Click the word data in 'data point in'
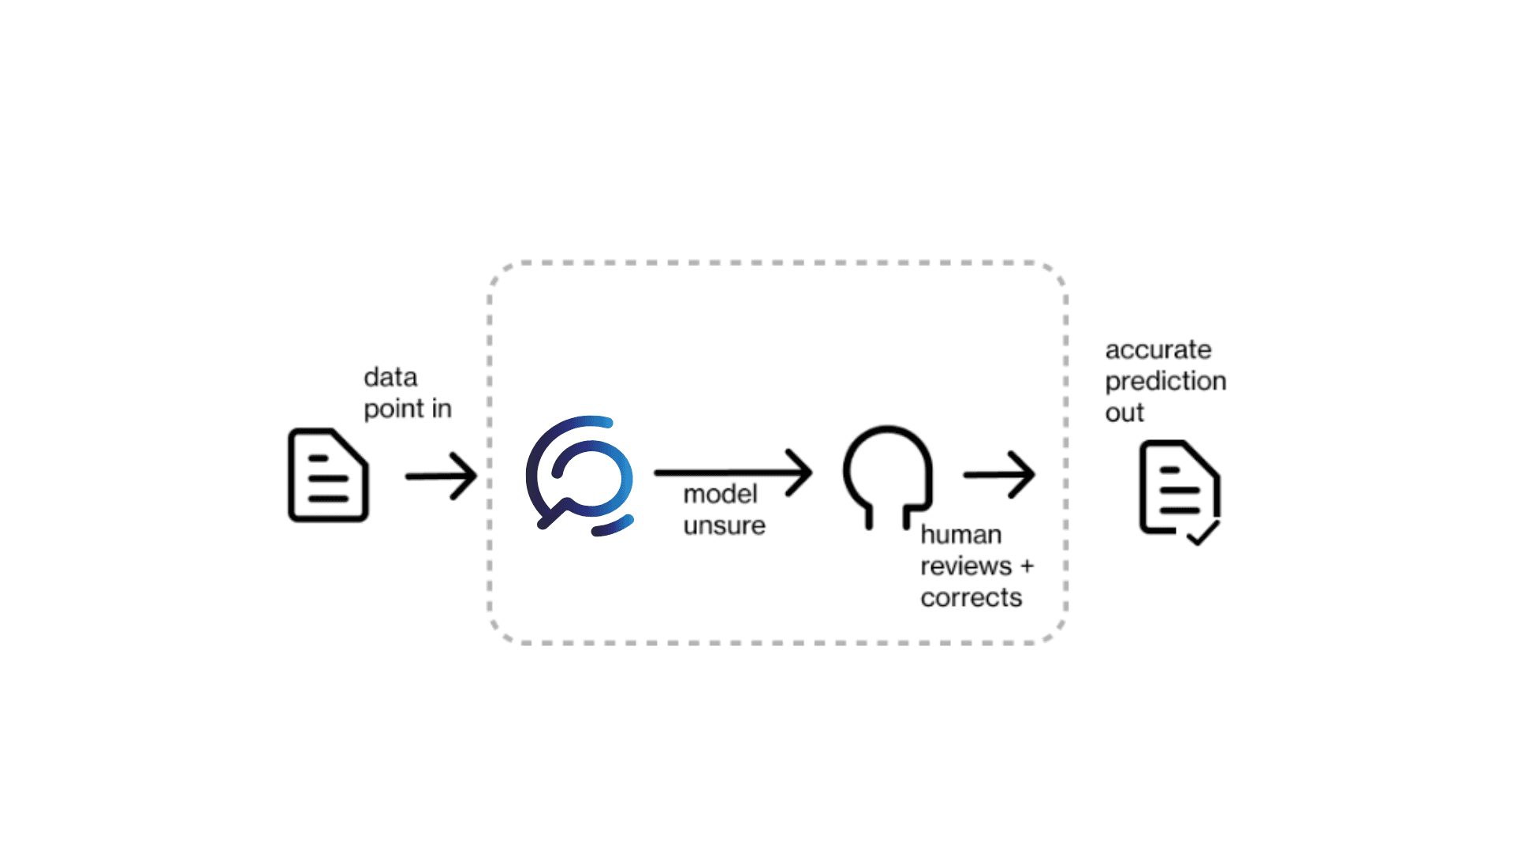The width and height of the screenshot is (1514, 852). (390, 377)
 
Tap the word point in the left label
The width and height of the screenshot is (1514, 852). (393, 409)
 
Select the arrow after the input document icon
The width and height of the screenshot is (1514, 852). (441, 476)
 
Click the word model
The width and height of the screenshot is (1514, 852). (720, 494)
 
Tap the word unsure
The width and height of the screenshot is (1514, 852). (724, 525)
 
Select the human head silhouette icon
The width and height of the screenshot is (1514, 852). (888, 473)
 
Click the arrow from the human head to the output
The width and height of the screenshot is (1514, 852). (999, 474)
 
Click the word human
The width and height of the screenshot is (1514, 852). (960, 535)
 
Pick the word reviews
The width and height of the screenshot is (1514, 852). (965, 566)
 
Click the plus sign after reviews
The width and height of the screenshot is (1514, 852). (1027, 566)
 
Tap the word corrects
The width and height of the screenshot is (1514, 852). (971, 598)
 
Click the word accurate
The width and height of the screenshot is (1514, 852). (1158, 349)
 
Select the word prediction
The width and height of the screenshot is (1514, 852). (1165, 381)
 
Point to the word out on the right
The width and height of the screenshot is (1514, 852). (1124, 413)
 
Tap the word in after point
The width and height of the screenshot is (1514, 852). (442, 409)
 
